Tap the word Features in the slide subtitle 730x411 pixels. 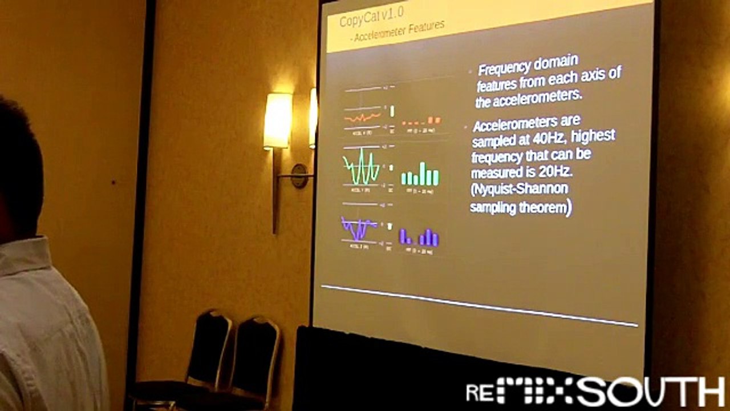[421, 29]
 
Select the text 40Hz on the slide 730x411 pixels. [553, 139]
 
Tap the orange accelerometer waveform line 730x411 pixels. [362, 118]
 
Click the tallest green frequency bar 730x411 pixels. [423, 174]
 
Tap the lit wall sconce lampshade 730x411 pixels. [278, 120]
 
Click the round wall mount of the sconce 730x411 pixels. [299, 175]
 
